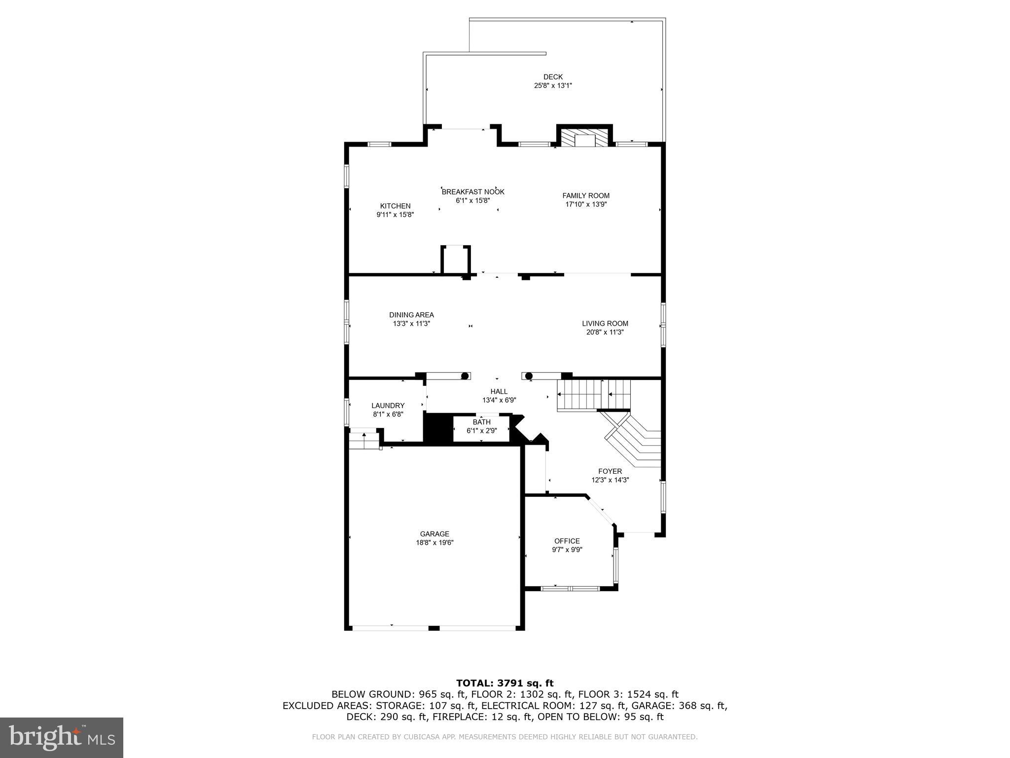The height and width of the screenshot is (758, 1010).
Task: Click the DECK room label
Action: click(553, 77)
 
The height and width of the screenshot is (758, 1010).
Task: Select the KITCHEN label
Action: click(395, 206)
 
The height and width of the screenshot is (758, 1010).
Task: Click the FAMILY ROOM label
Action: click(586, 195)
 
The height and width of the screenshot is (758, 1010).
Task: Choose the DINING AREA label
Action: click(411, 315)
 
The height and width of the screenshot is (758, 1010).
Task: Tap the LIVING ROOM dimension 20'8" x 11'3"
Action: click(605, 333)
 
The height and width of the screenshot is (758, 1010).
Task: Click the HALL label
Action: click(499, 392)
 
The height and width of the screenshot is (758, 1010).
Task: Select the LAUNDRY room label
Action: click(388, 406)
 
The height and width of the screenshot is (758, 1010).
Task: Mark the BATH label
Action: click(481, 422)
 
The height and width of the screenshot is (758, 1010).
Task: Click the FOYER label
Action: click(610, 471)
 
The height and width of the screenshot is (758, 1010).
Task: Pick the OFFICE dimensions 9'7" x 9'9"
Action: click(567, 550)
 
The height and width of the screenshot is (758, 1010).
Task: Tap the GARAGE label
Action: click(434, 534)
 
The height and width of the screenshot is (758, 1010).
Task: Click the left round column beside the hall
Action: click(465, 377)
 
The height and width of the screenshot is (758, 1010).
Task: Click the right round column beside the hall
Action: click(529, 377)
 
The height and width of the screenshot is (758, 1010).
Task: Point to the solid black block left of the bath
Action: click(438, 428)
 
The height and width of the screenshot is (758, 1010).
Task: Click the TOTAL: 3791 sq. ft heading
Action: click(505, 683)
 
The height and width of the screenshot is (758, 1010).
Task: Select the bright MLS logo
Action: click(61, 738)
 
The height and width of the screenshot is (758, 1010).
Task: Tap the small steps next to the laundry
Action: click(364, 440)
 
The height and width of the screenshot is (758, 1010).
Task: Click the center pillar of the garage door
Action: click(433, 628)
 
